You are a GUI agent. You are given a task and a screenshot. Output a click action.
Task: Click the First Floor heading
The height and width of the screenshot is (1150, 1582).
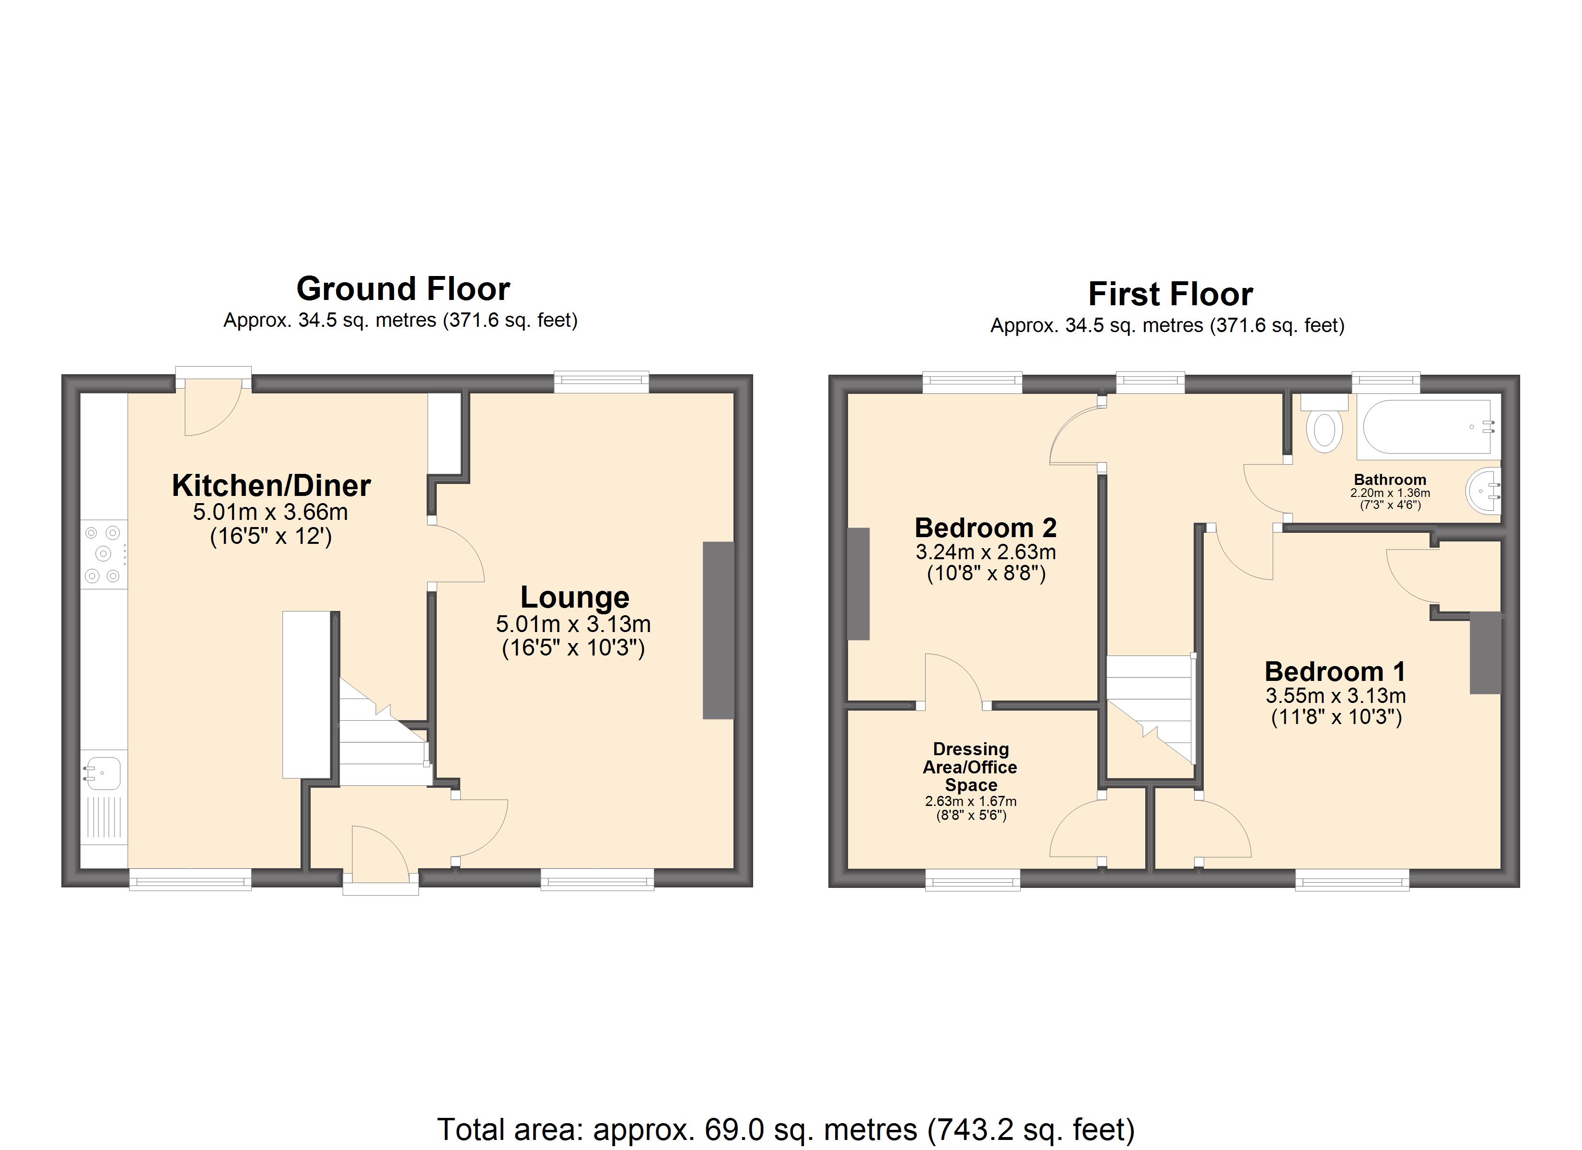[1171, 294]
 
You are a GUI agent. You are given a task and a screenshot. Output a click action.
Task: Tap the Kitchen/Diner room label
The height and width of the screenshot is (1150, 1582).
[271, 485]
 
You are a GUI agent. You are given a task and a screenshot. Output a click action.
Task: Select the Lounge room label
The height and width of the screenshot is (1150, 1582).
[575, 597]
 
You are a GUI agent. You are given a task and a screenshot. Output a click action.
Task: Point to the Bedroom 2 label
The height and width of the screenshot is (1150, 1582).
[986, 528]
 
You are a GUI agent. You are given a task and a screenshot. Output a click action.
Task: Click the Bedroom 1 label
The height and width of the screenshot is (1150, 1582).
[1335, 672]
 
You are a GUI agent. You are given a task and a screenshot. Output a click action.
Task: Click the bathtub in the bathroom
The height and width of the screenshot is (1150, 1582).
[1427, 428]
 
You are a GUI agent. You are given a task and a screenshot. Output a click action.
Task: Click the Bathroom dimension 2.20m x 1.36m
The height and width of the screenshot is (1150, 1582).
[1390, 493]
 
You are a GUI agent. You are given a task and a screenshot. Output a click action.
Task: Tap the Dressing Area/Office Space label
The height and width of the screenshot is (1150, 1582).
[970, 767]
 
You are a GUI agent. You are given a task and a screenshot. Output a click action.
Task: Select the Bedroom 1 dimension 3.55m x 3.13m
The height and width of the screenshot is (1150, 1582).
[1335, 695]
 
